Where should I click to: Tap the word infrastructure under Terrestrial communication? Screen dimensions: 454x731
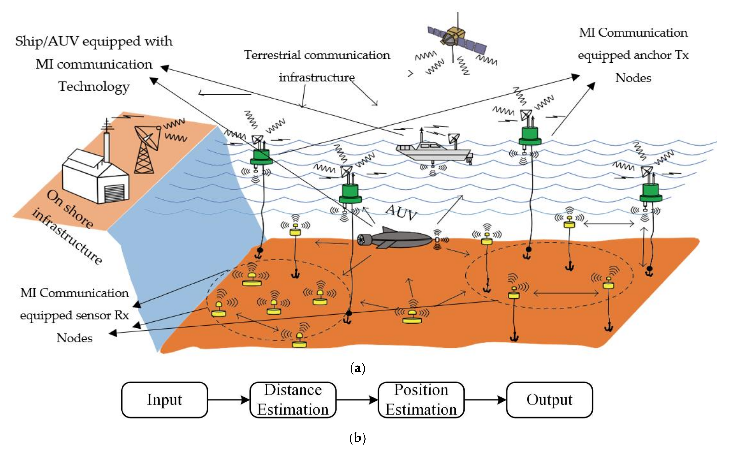click(317, 77)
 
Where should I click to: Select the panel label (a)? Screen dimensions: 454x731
click(357, 368)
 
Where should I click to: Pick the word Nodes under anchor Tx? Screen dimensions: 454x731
click(633, 78)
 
